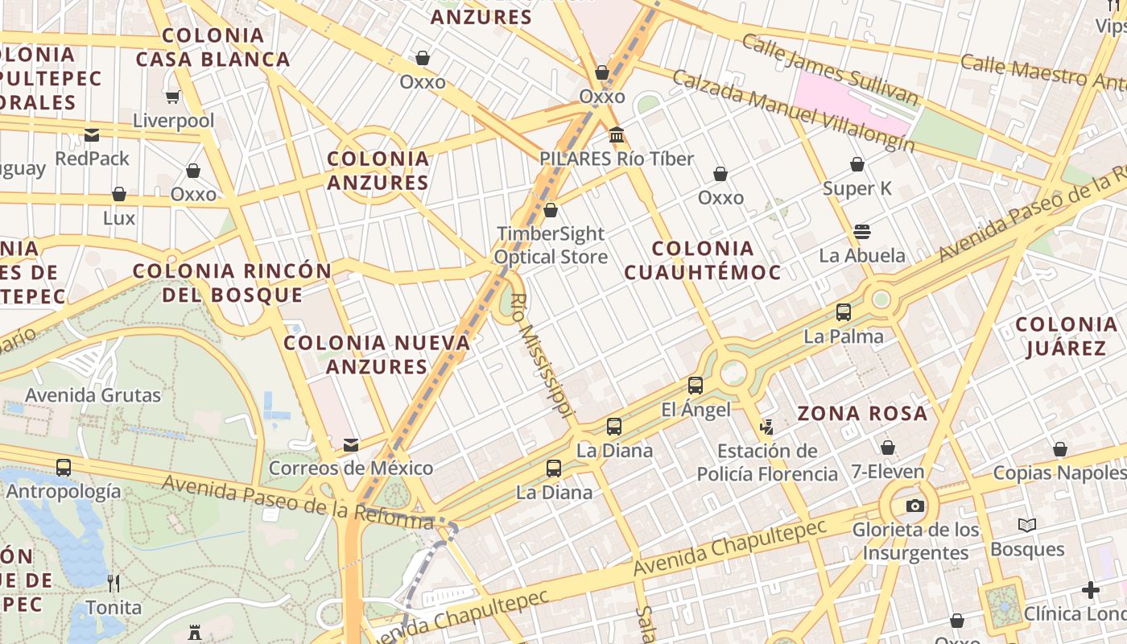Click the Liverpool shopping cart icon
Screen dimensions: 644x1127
pyautogui.click(x=172, y=97)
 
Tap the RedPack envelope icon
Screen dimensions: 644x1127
pyautogui.click(x=92, y=135)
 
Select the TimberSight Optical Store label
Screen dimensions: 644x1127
pyautogui.click(x=551, y=246)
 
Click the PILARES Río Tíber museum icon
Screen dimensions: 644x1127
pyautogui.click(x=617, y=134)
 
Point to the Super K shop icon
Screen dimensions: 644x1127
pyautogui.click(x=857, y=165)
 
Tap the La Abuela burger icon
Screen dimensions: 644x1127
pyautogui.click(x=862, y=232)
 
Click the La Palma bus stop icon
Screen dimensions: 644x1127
pyautogui.click(x=844, y=312)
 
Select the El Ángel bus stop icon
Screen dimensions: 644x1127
pyautogui.click(x=696, y=386)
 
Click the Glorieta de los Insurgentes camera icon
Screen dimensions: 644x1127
pyautogui.click(x=914, y=506)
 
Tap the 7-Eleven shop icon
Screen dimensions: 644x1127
pyautogui.click(x=888, y=448)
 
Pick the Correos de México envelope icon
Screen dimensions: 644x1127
pyautogui.click(x=351, y=444)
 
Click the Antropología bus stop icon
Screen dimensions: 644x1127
pyautogui.click(x=64, y=467)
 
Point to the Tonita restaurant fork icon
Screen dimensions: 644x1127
pyautogui.click(x=114, y=583)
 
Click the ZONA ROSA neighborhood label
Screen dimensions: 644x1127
pyautogui.click(x=862, y=414)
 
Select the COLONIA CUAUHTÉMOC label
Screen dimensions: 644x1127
pyautogui.click(x=703, y=260)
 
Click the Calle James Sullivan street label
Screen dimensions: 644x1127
pyautogui.click(x=829, y=70)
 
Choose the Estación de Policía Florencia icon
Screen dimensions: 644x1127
pyautogui.click(x=766, y=427)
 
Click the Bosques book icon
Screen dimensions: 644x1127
pyautogui.click(x=1027, y=526)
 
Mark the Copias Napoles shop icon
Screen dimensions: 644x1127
pyautogui.click(x=1060, y=449)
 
